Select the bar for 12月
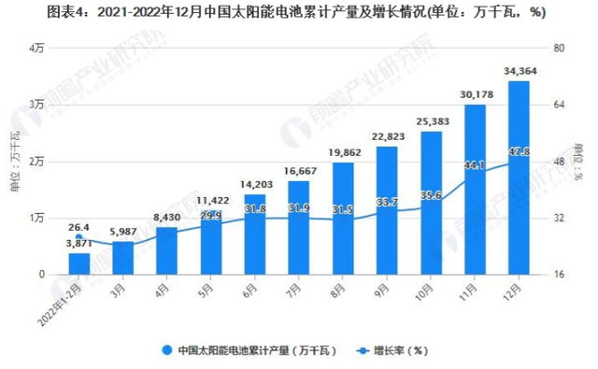click(x=519, y=177)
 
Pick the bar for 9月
click(x=387, y=210)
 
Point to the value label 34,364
click(x=519, y=71)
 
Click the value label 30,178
click(x=475, y=94)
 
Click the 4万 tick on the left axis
click(x=38, y=48)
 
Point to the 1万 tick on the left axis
click(x=38, y=218)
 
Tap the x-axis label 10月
click(x=425, y=290)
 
